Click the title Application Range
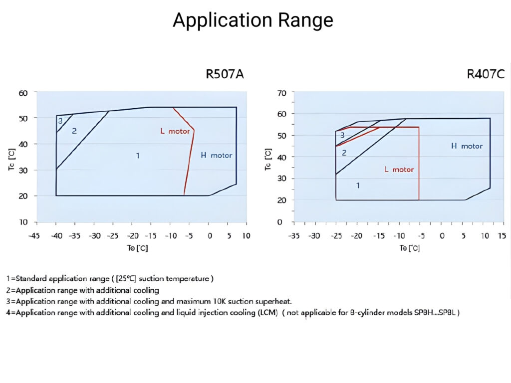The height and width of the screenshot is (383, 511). tap(253, 20)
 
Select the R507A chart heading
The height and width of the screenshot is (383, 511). tap(225, 75)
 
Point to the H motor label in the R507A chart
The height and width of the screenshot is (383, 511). tap(216, 155)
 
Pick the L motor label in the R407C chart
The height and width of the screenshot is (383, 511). tap(399, 170)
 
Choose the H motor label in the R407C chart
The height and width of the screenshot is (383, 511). tap(467, 146)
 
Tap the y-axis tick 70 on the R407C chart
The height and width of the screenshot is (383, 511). tap(281, 93)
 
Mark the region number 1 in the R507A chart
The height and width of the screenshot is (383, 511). tap(137, 156)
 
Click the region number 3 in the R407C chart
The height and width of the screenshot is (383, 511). tap(342, 135)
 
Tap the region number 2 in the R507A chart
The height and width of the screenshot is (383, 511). tap(74, 131)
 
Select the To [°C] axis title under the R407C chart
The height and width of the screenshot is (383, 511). tap(409, 248)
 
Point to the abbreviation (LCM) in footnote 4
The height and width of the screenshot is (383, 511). tap(266, 313)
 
